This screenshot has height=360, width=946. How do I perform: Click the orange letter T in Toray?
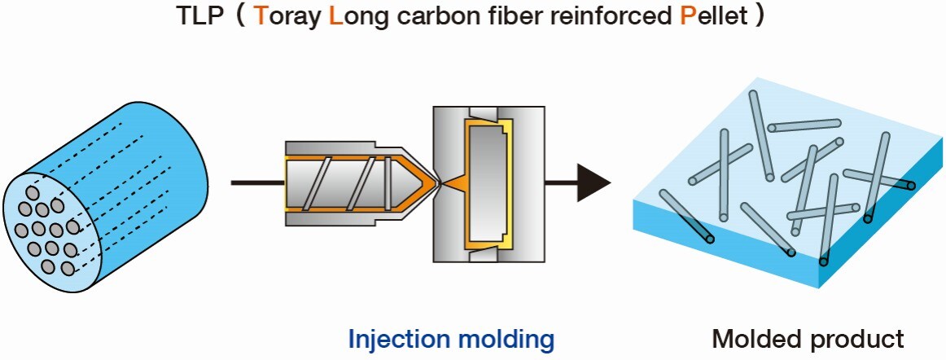[x=261, y=16]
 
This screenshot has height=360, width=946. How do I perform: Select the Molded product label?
[x=808, y=340]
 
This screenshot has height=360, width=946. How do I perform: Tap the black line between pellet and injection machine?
[x=258, y=181]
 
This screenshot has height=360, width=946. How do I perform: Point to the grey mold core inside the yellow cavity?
[x=486, y=184]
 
